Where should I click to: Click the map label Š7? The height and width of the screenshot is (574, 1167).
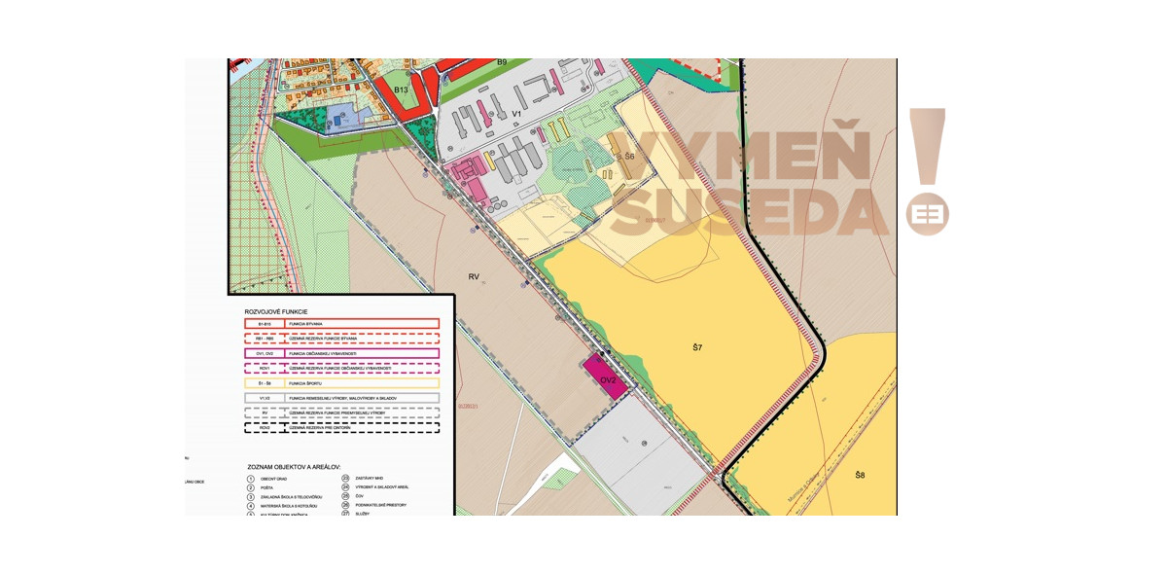point(697,347)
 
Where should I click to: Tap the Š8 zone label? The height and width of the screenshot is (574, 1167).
point(860,475)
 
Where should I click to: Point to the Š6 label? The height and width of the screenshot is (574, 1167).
point(629,157)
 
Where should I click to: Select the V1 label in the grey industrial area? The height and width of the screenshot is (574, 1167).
point(517,114)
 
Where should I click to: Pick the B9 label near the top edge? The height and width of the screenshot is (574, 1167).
point(502,62)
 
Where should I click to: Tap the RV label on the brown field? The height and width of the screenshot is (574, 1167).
point(474,277)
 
